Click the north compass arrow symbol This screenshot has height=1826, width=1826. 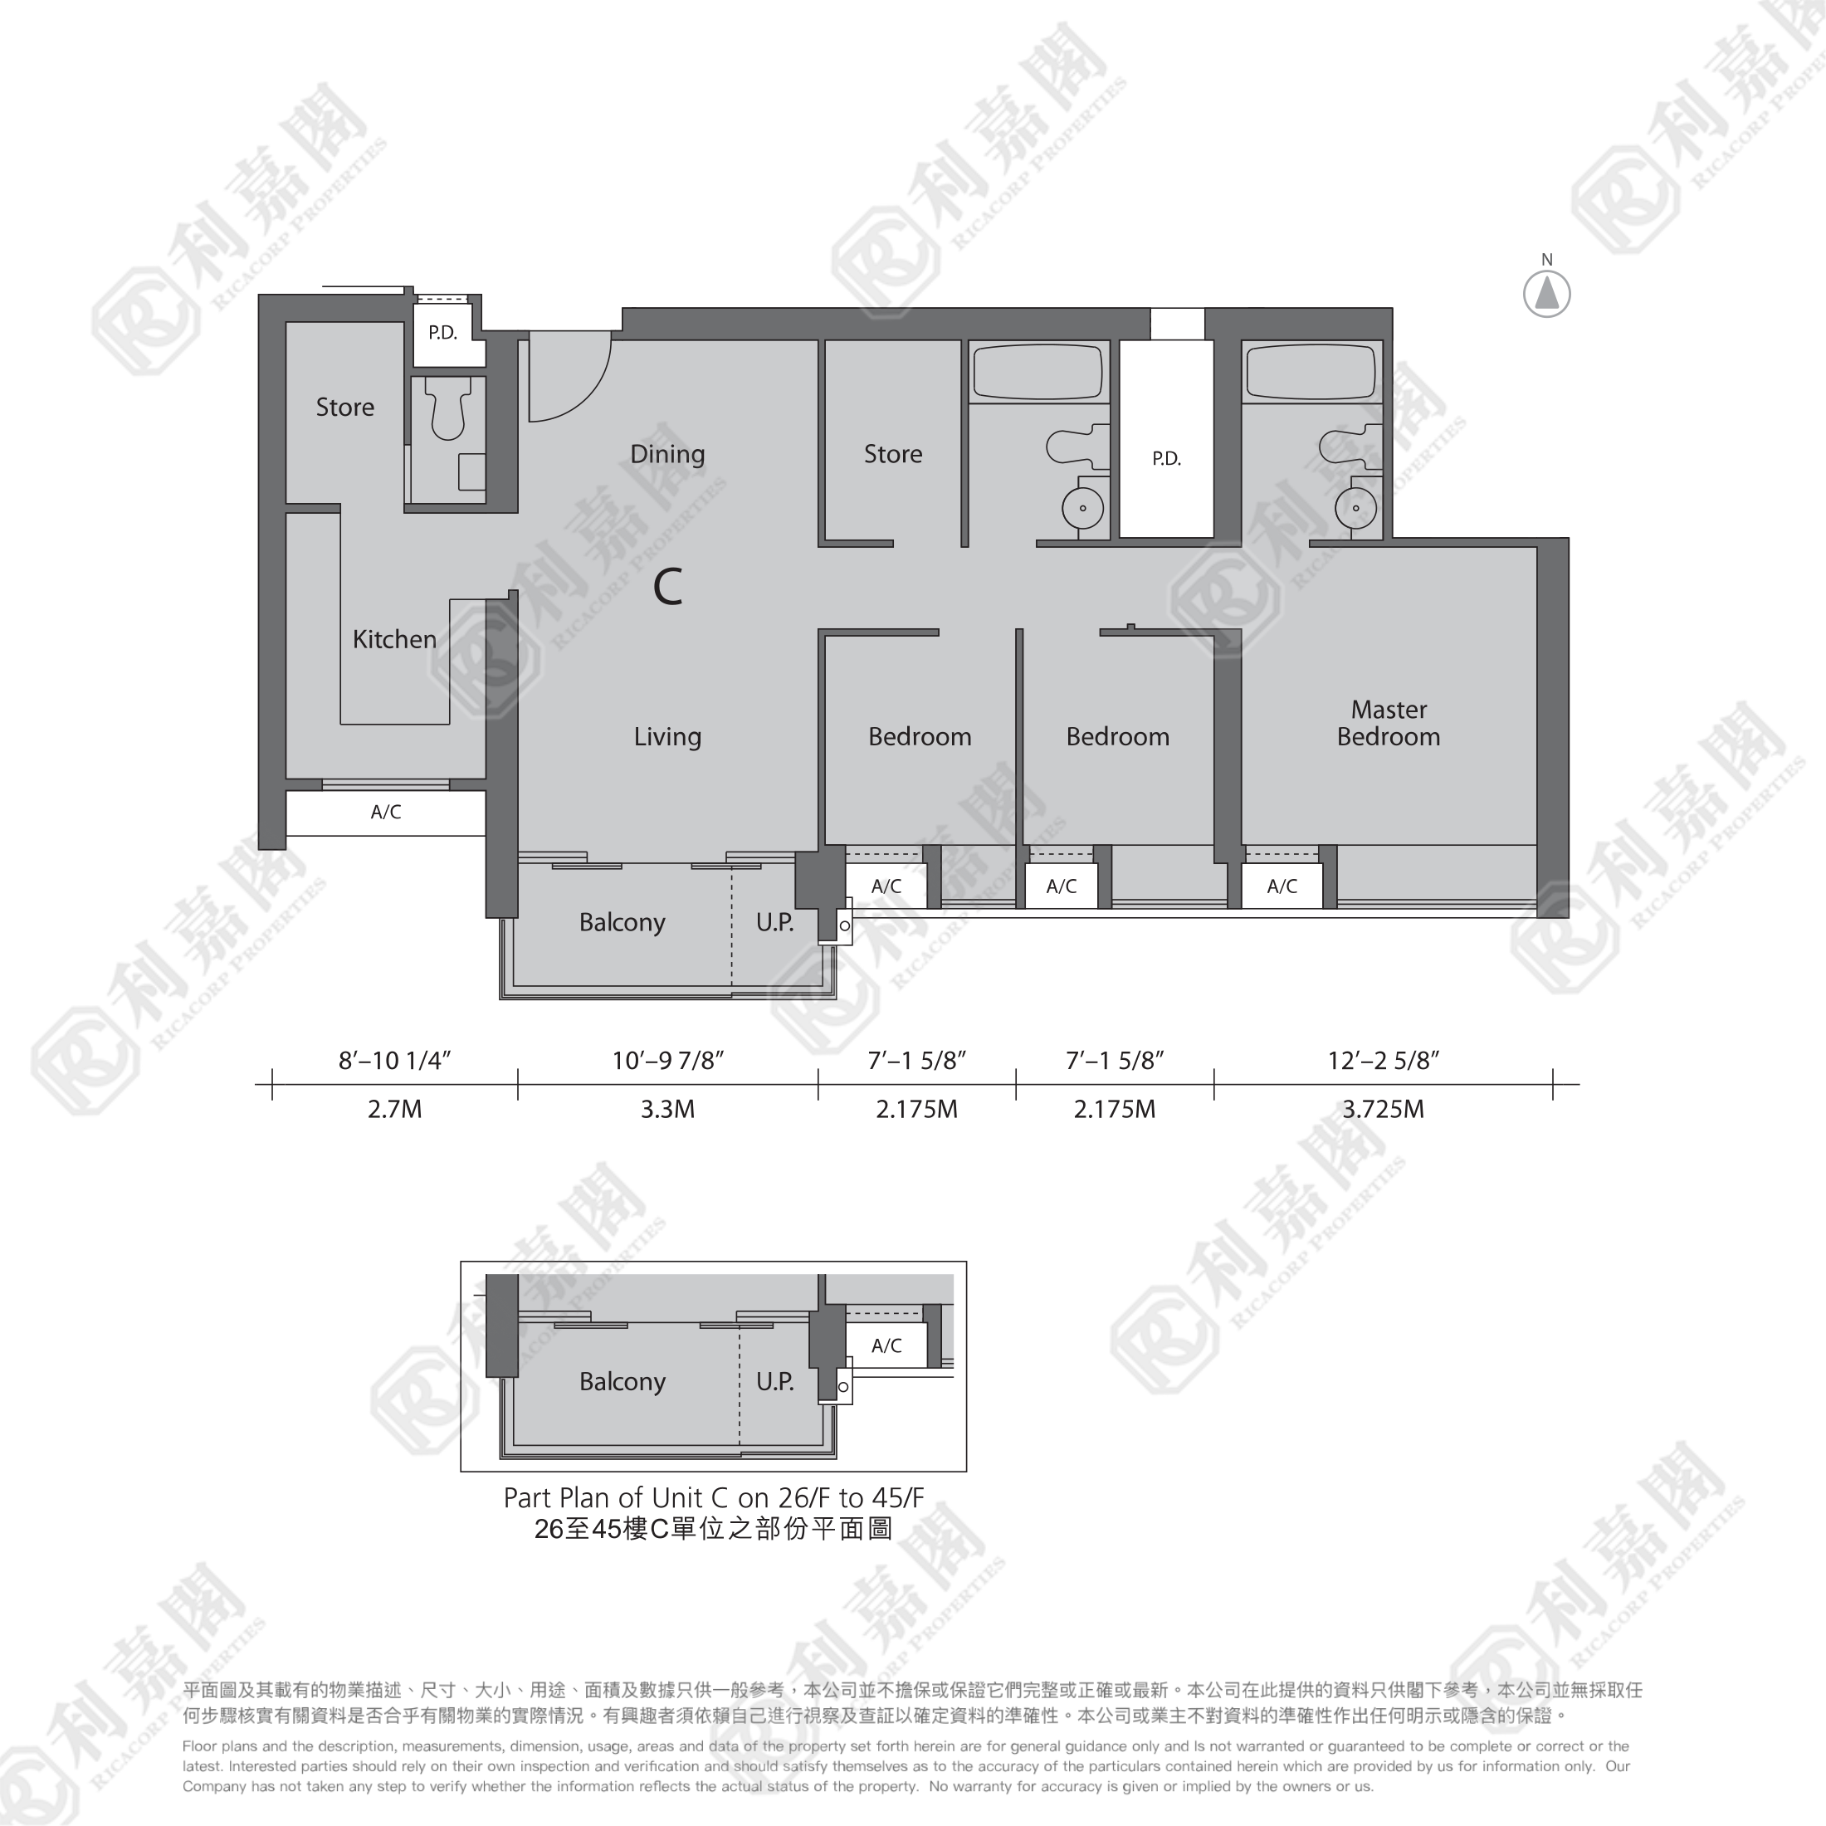(1547, 293)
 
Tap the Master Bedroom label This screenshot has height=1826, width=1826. (1389, 723)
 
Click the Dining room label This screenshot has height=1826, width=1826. (667, 455)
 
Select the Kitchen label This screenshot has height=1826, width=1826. (394, 639)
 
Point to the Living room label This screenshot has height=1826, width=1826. (667, 737)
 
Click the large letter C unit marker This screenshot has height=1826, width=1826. (668, 587)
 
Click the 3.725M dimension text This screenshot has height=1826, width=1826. (1383, 1109)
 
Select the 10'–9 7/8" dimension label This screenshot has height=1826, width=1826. (667, 1061)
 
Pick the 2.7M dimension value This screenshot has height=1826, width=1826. (394, 1109)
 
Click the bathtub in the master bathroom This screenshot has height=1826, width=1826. (1311, 372)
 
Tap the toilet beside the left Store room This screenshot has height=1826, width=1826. (448, 408)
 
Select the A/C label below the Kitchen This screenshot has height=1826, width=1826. (386, 812)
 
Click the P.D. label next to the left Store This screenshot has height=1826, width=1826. (442, 333)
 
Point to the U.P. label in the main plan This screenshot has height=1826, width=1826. (775, 922)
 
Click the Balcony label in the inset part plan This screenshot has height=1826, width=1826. (622, 1383)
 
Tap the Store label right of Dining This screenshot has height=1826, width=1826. (893, 455)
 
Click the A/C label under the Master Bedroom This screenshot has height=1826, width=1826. (1282, 886)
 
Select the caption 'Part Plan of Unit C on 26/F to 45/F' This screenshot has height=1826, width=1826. (714, 1497)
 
